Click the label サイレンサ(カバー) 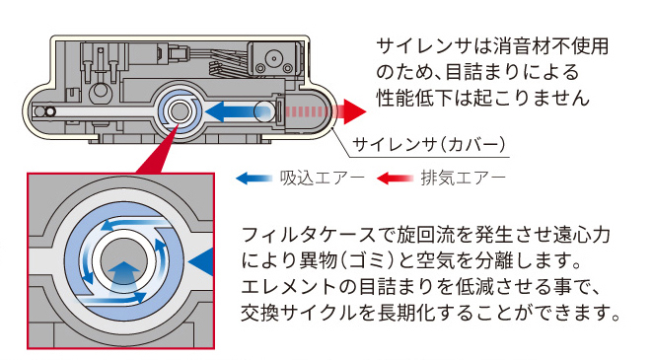429,144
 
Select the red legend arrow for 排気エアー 395,179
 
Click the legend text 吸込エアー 323,179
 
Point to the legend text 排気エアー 463,179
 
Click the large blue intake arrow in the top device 238,111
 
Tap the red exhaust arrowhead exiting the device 354,111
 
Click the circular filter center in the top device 180,111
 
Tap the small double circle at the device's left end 44,111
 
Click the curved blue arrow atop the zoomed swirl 132,225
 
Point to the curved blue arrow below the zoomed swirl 113,297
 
